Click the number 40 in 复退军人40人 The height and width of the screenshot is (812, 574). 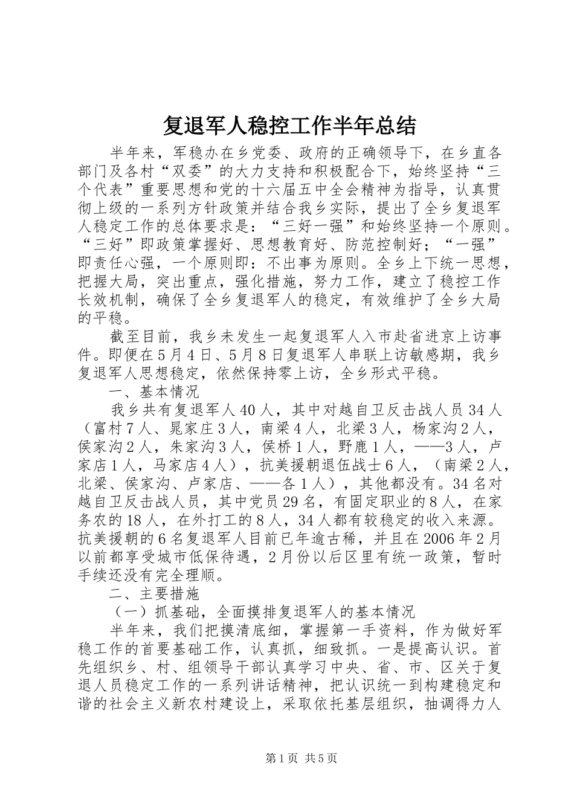point(249,410)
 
